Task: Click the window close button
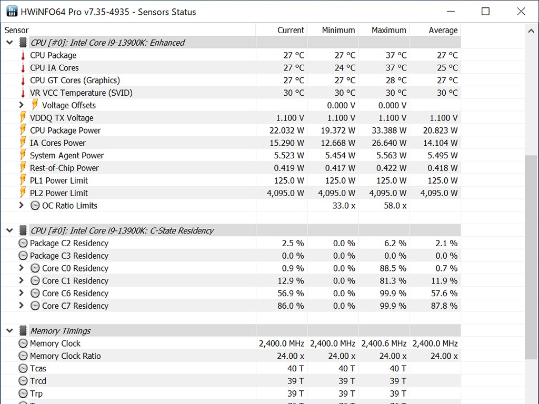pos(521,12)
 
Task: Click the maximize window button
pos(485,12)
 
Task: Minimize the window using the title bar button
pos(451,12)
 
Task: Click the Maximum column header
pos(388,30)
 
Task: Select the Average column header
pos(443,30)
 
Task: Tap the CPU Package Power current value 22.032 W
pos(290,130)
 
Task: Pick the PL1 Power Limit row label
pos(59,180)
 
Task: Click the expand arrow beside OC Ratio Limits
pos(22,206)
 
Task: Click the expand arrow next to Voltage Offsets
pos(22,105)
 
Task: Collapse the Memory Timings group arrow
pos(9,331)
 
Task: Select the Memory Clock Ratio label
pos(65,356)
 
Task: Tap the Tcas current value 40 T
pos(295,369)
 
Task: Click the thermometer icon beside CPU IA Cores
pos(23,68)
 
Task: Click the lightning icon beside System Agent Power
pos(23,156)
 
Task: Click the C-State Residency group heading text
pos(122,230)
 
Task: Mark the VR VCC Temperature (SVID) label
pos(81,93)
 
